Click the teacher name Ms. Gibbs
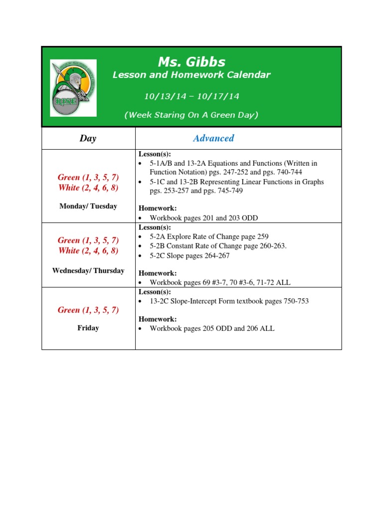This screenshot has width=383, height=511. (191, 62)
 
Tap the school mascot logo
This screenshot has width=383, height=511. (73, 88)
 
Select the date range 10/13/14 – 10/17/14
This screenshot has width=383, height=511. (191, 96)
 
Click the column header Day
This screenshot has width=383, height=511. (88, 138)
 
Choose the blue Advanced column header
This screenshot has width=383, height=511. (213, 138)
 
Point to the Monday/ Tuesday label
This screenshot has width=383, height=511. (88, 206)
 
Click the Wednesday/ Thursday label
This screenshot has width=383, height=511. (88, 270)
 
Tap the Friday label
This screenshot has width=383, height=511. (88, 328)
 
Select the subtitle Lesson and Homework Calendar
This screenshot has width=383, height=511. (191, 75)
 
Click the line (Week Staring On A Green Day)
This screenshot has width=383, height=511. (191, 115)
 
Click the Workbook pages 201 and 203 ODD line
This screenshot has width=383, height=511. (204, 218)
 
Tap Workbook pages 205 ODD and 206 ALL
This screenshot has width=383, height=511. (212, 328)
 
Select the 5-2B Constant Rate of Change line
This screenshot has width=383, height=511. (218, 246)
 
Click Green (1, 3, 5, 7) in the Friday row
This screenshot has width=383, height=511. (88, 310)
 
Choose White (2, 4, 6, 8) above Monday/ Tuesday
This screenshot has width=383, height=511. (88, 188)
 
